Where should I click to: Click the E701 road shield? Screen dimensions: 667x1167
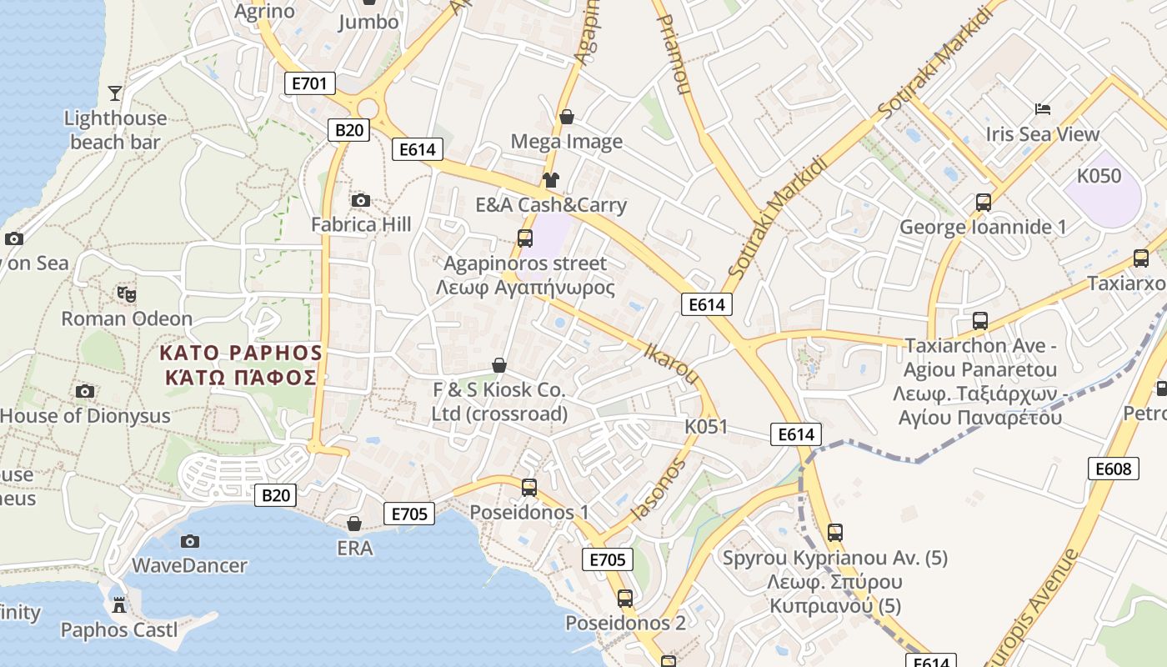[310, 83]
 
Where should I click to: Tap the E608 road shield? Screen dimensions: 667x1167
[1113, 469]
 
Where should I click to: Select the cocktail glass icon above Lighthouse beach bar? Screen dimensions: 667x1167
[115, 93]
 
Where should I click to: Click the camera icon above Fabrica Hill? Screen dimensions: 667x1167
[361, 200]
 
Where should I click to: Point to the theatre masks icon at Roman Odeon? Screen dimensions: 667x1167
[127, 293]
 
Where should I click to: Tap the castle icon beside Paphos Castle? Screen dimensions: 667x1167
[119, 604]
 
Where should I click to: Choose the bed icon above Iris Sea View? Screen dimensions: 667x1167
[1042, 108]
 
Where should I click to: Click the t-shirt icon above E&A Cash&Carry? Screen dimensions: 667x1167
[550, 179]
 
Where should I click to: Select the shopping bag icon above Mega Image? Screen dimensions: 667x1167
[567, 117]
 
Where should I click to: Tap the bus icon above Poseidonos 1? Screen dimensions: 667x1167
[528, 487]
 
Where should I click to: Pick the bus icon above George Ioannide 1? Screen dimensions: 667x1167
[984, 202]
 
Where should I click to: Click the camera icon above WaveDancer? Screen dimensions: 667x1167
[190, 541]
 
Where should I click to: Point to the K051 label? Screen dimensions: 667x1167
[706, 427]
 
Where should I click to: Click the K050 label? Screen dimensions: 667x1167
[1099, 176]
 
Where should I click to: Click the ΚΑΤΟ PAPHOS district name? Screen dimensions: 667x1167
[241, 353]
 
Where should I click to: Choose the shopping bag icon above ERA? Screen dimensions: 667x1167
[354, 524]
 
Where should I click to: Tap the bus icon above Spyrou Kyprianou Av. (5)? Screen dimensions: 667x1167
[834, 532]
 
